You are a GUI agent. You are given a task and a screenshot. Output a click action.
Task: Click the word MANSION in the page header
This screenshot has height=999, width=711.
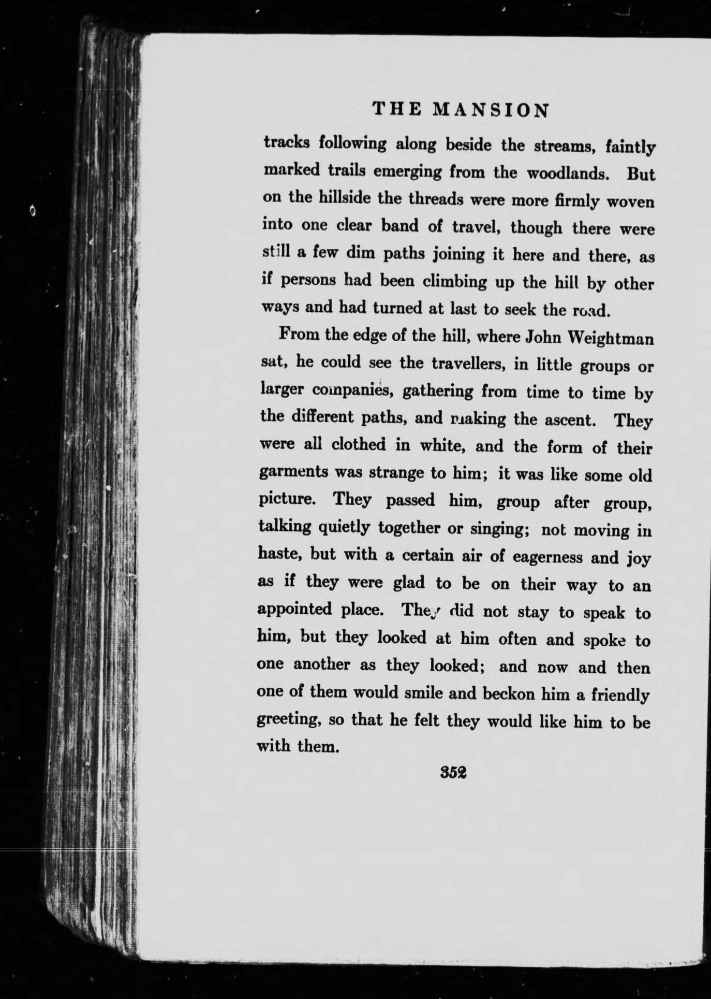coord(491,110)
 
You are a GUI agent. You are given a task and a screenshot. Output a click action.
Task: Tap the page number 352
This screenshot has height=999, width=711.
coord(453,773)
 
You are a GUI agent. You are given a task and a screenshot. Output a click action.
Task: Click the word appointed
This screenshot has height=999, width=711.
coord(295,609)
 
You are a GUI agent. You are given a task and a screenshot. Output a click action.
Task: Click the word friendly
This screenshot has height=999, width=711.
coord(620,695)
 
